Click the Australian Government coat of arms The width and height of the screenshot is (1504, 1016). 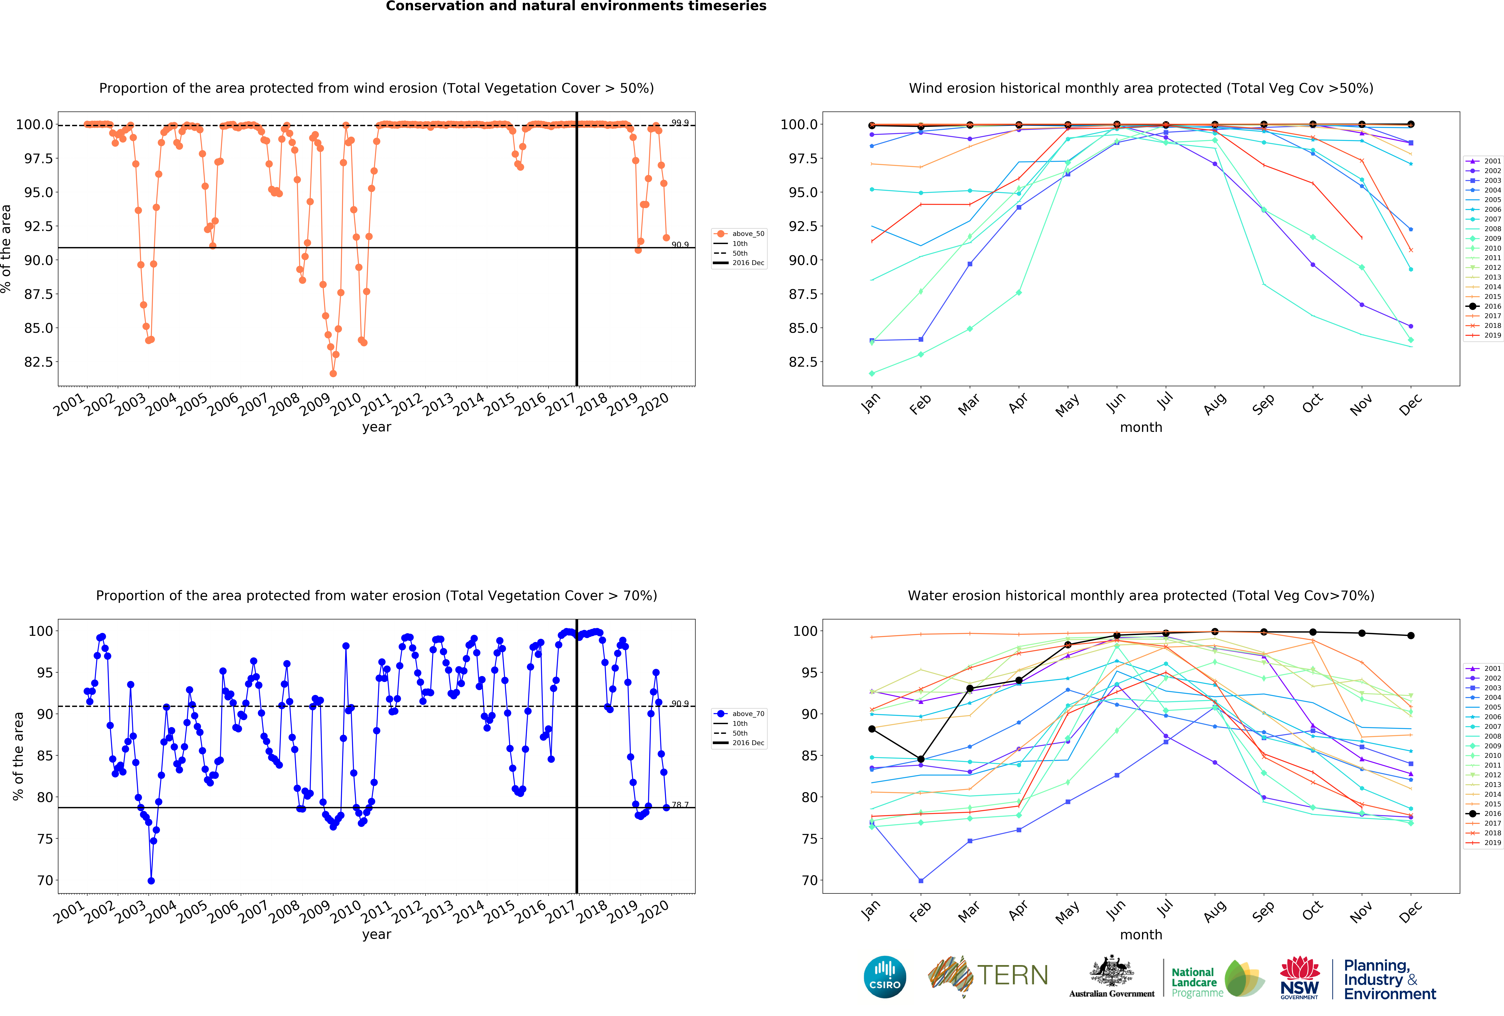(1111, 971)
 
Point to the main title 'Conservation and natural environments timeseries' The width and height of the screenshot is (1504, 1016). (576, 7)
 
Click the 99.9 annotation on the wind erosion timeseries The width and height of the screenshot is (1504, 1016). (680, 122)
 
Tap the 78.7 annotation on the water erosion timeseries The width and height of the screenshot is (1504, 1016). (680, 804)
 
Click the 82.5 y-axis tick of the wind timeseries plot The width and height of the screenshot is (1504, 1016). (39, 362)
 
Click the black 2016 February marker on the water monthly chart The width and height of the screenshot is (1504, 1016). (920, 759)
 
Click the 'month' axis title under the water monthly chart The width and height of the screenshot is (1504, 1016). (1141, 934)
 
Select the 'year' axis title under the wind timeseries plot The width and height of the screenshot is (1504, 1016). (377, 427)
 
